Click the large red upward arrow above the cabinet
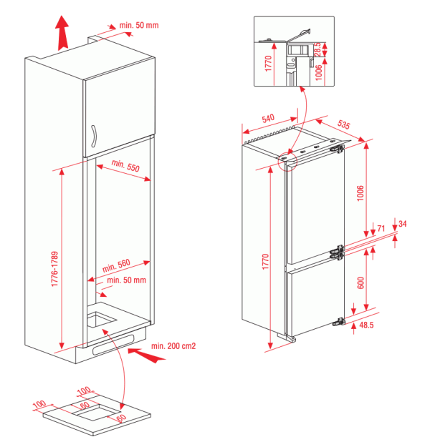point(62,31)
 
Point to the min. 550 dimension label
point(125,167)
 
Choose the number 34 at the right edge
point(402,224)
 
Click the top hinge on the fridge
point(335,149)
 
